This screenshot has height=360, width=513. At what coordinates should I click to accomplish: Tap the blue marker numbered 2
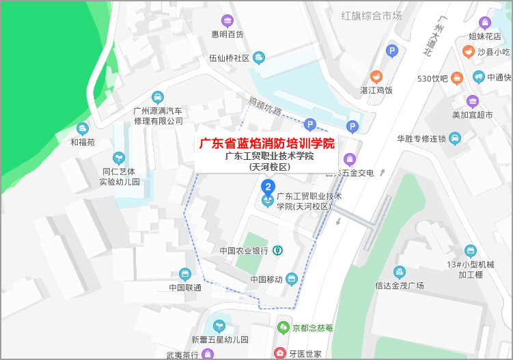(x=269, y=186)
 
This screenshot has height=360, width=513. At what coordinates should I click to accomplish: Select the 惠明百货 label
(x=227, y=34)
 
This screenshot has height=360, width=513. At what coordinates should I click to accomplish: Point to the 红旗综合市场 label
(x=372, y=15)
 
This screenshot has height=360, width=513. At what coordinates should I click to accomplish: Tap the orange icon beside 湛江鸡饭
(x=376, y=77)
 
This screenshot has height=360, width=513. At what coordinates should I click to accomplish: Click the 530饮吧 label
(x=432, y=78)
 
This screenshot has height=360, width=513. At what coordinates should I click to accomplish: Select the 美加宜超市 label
(x=472, y=115)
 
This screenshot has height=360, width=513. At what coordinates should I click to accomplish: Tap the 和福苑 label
(x=83, y=143)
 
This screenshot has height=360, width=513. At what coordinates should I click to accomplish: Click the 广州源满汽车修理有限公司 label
(x=158, y=115)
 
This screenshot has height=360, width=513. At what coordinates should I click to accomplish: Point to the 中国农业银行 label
(x=245, y=251)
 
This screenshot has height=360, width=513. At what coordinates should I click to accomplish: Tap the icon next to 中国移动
(x=292, y=279)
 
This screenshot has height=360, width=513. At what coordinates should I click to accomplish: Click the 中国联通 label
(x=184, y=287)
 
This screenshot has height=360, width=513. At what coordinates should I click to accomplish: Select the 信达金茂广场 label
(x=400, y=285)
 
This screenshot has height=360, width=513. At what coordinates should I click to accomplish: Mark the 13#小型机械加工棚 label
(x=470, y=269)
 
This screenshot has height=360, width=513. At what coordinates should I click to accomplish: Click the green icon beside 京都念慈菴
(x=283, y=328)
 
